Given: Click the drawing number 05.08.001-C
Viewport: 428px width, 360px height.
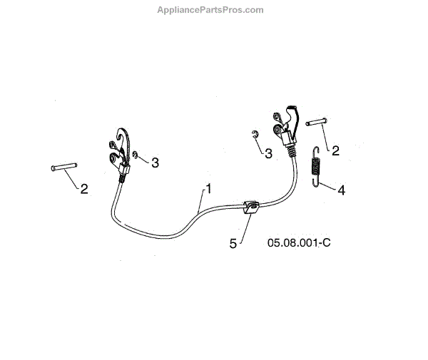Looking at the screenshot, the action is [x=299, y=242].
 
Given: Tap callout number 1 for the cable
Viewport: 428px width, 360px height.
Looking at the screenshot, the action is [x=208, y=189].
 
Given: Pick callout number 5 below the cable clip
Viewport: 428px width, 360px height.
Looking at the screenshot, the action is [x=233, y=243].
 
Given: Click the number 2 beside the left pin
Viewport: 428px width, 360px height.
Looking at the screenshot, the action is [x=83, y=189].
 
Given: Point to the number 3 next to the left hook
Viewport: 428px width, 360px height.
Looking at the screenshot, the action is [x=155, y=163].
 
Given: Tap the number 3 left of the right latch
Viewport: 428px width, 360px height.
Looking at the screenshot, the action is [x=267, y=153].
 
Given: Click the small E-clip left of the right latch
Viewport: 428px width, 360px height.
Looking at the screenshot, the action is [x=255, y=135].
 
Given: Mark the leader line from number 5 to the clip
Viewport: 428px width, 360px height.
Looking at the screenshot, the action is [x=242, y=227].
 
